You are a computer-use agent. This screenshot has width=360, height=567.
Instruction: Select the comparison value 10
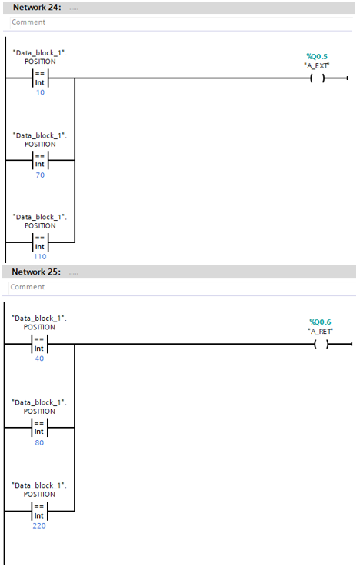tap(40, 92)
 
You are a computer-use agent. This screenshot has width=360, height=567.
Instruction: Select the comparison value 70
tap(40, 175)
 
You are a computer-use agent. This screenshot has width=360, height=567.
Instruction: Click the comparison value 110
tap(40, 256)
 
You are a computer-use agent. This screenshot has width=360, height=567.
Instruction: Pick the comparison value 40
tap(40, 358)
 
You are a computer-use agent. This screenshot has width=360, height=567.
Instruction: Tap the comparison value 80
tap(40, 442)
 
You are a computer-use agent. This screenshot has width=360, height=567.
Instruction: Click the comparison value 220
tap(40, 525)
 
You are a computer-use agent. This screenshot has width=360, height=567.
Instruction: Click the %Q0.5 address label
tap(317, 56)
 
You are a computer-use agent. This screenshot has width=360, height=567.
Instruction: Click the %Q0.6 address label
tap(320, 322)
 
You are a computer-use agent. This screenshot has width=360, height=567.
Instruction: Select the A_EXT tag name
tap(317, 65)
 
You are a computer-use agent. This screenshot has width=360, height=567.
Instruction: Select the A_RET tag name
tap(320, 331)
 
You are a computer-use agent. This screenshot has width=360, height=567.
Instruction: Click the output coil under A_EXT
tap(317, 78)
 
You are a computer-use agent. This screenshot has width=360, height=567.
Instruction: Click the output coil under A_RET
tap(320, 344)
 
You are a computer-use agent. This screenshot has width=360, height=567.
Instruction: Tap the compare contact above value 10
tap(40, 78)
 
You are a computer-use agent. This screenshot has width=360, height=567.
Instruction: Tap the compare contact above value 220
tap(40, 511)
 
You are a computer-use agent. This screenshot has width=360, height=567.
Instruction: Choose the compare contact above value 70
tap(40, 160)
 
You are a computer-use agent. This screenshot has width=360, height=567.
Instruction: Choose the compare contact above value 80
tap(40, 428)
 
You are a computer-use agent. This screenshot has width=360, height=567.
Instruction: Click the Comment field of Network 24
tap(154, 22)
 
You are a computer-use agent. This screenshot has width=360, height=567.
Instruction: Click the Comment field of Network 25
tap(154, 287)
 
